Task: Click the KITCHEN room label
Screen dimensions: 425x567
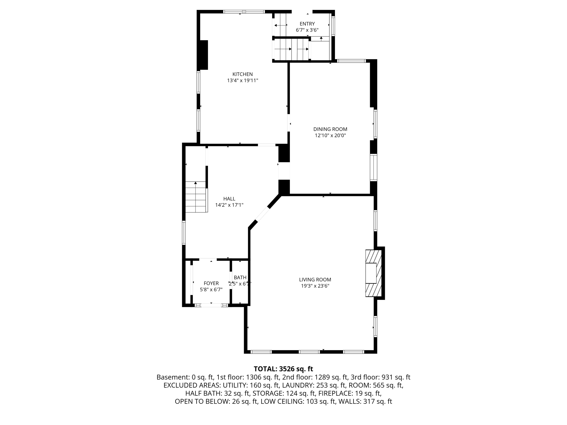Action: [x=242, y=74]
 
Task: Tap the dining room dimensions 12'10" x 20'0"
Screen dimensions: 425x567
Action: [x=330, y=136]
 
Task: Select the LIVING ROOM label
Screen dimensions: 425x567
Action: [x=315, y=280]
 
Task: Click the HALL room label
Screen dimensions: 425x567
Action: [x=229, y=199]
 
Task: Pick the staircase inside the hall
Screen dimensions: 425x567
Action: [x=196, y=197]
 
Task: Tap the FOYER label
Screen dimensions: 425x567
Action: [x=211, y=283]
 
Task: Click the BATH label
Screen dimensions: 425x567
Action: [x=240, y=278]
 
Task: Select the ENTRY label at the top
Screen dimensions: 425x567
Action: [x=307, y=24]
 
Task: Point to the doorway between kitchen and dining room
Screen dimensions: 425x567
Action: [x=288, y=123]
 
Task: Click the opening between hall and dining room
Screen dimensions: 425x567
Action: [x=284, y=171]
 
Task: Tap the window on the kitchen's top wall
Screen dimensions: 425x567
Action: [x=244, y=12]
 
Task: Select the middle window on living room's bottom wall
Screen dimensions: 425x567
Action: [x=309, y=352]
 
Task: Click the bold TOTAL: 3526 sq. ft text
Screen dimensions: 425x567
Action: [x=283, y=369]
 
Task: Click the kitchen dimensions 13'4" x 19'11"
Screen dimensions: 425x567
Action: [x=243, y=81]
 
